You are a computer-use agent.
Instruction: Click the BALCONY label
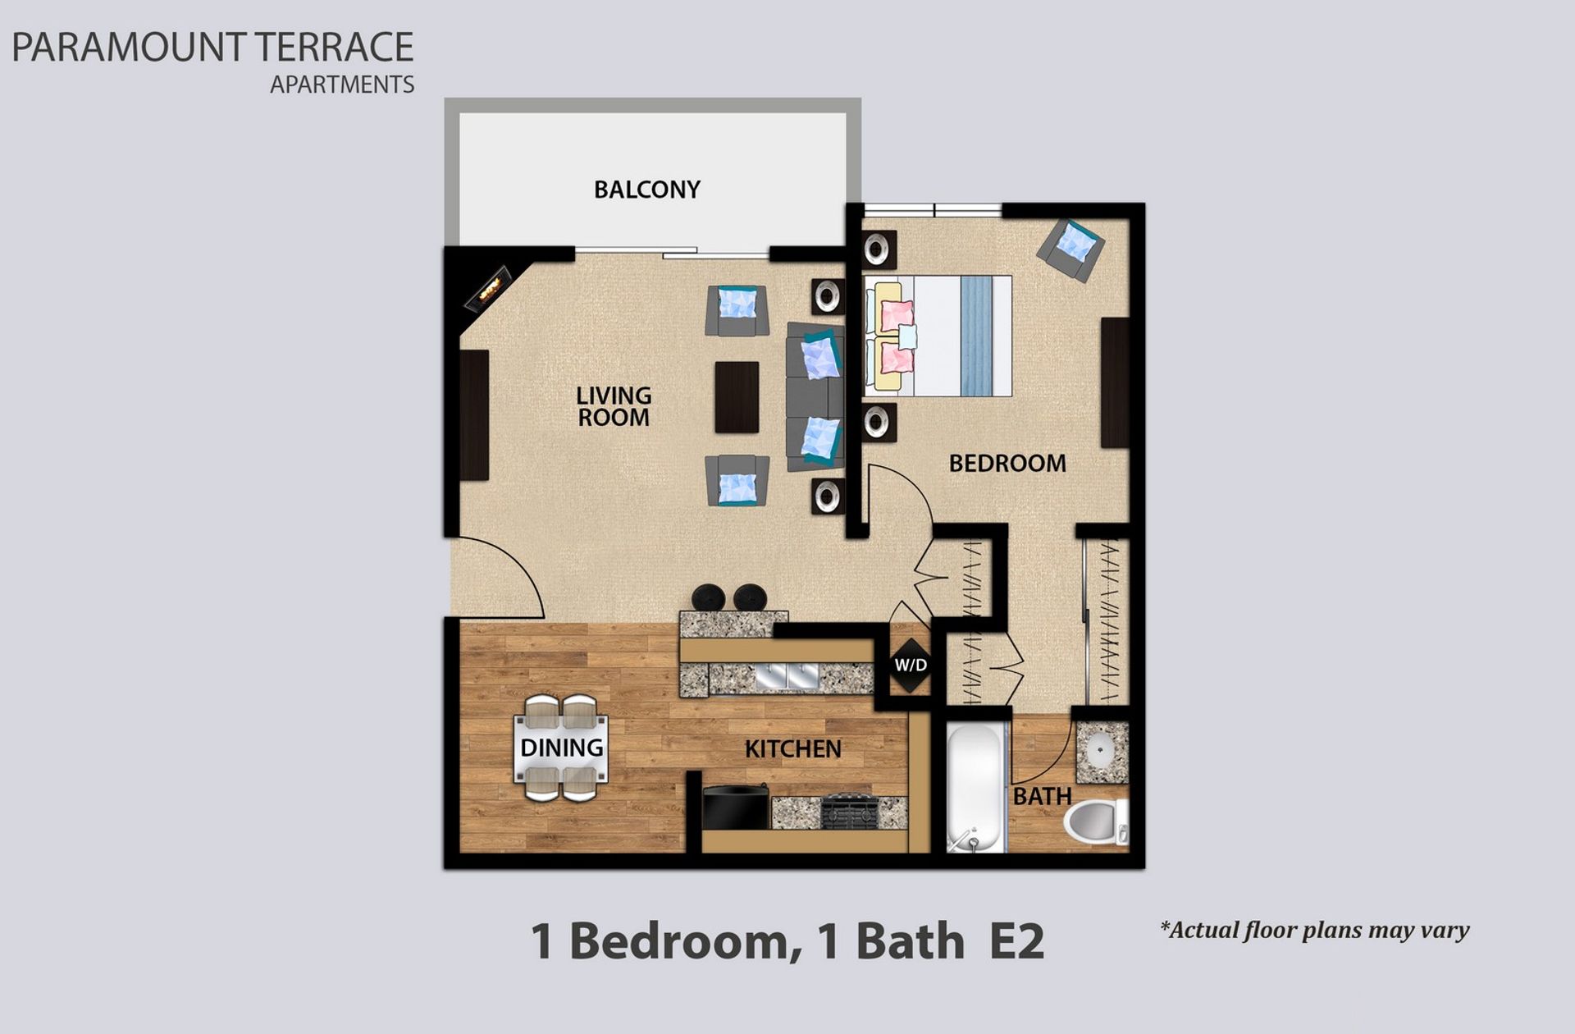click(646, 190)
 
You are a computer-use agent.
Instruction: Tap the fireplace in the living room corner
click(489, 289)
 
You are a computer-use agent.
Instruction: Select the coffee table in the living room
click(736, 397)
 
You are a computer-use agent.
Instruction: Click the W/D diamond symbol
click(911, 665)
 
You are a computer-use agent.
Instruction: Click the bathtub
click(975, 786)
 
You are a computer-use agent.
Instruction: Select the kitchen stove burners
click(849, 812)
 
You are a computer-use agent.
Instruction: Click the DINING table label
click(562, 748)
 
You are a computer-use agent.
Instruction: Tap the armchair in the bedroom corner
click(1071, 249)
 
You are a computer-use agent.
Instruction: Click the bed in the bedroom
click(938, 336)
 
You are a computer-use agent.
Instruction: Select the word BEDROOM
click(1007, 464)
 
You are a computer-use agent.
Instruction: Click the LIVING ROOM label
click(614, 406)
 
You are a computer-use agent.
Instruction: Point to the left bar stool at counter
click(708, 597)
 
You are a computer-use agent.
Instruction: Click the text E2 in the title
click(1016, 941)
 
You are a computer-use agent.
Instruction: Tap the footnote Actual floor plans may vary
click(1314, 930)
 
